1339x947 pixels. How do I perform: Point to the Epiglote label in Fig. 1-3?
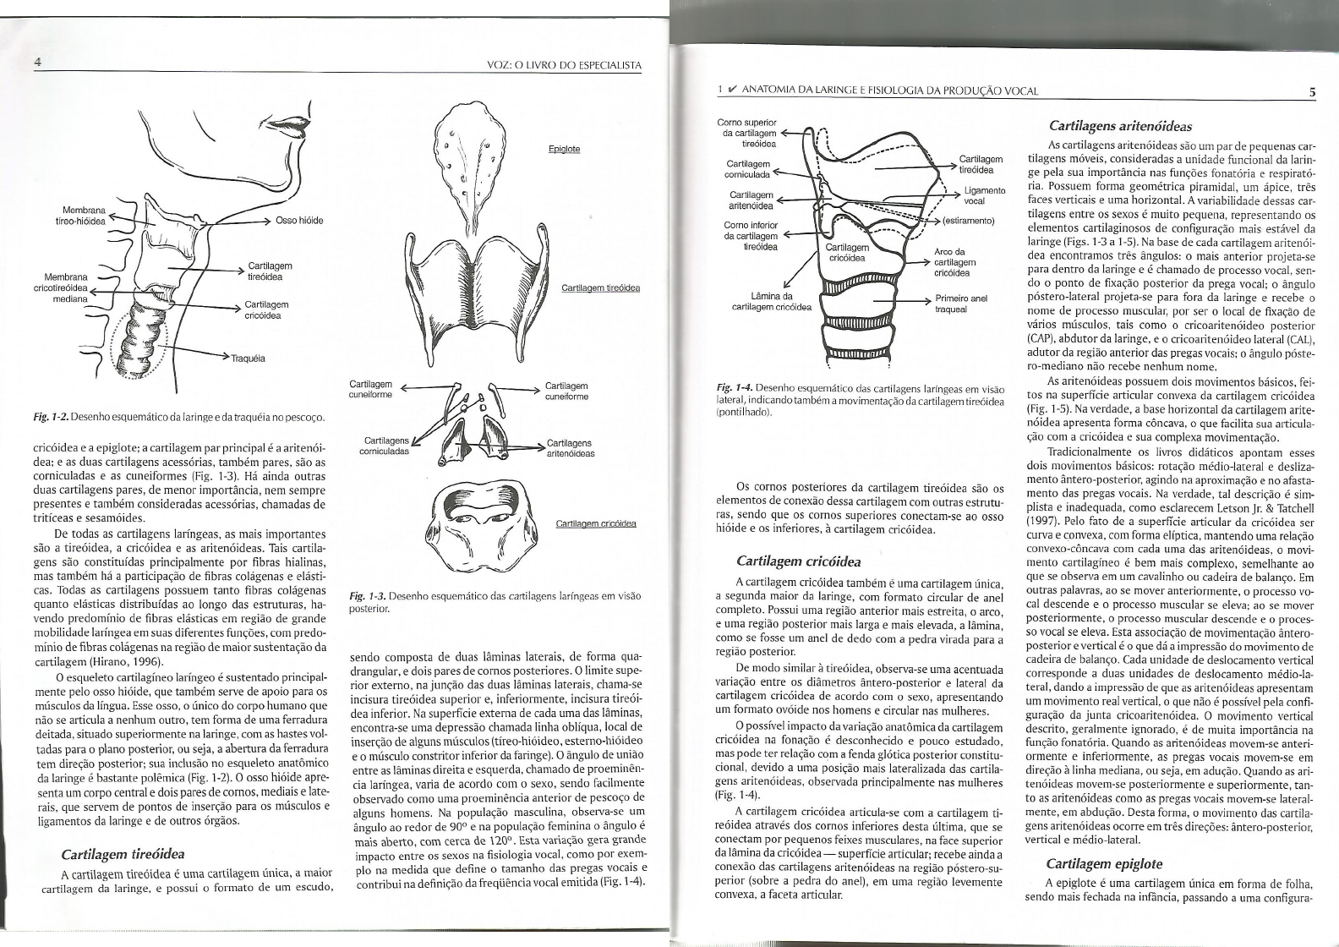(564, 149)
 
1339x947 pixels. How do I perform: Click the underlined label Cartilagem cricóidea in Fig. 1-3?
(595, 523)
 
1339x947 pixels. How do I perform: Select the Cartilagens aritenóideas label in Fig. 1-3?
(571, 448)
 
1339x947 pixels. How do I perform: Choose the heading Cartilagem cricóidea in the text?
(798, 561)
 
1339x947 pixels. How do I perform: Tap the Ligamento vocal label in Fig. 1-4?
(984, 195)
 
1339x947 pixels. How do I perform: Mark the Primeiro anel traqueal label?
(961, 304)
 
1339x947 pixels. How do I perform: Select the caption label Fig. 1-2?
(46, 417)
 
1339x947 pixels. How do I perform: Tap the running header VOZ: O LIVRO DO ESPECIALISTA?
(565, 65)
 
